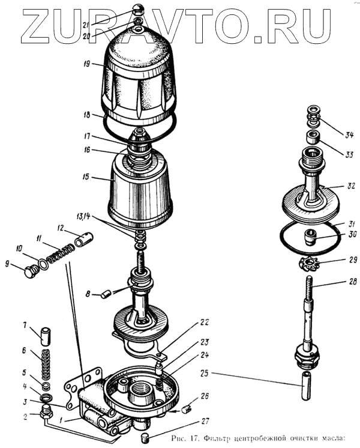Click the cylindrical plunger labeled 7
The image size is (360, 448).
point(44,331)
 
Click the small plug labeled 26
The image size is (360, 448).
point(185,409)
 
